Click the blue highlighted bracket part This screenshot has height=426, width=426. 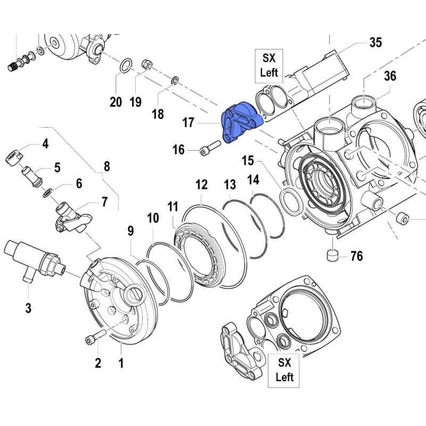[x=239, y=124]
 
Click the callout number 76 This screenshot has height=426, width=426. [x=356, y=257]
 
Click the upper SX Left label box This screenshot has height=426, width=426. [x=268, y=65]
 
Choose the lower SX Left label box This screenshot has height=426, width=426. [x=285, y=371]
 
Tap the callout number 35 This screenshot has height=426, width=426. [x=375, y=43]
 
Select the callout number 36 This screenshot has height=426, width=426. [x=390, y=76]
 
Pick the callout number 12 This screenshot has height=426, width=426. [x=201, y=185]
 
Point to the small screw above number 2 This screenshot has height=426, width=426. [x=91, y=339]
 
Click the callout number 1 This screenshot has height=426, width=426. [x=121, y=364]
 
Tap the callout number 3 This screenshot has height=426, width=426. [x=28, y=307]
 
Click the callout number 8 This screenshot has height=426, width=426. [x=106, y=166]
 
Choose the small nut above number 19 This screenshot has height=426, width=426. [x=148, y=65]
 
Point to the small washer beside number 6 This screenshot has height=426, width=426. [x=47, y=192]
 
